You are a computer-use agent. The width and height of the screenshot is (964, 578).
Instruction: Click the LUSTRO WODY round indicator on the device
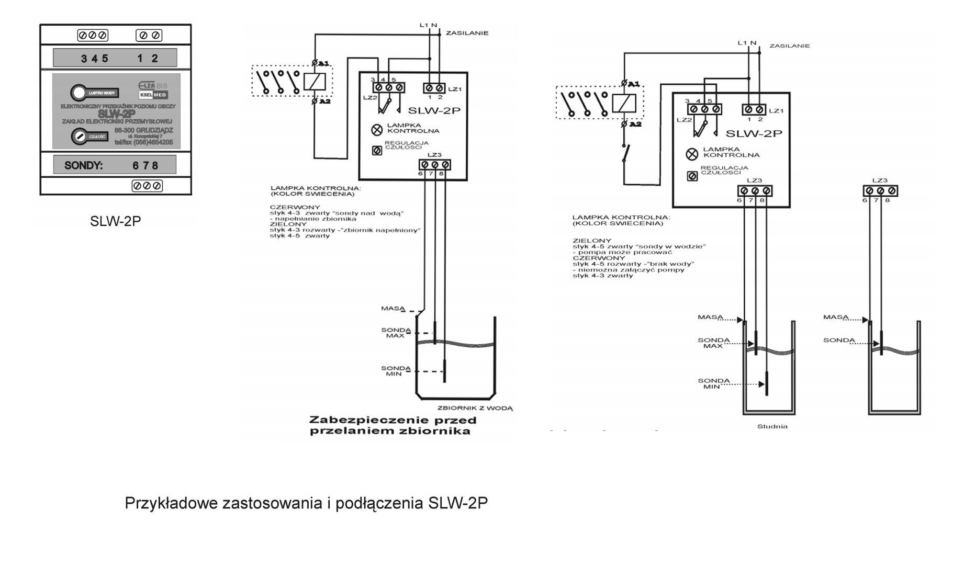pos(79,93)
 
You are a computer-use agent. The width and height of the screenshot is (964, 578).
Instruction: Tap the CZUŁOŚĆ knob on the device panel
pos(80,136)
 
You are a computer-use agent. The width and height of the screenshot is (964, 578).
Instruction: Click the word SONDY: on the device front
pos(83,166)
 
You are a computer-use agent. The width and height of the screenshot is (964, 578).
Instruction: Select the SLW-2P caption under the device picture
pos(115,221)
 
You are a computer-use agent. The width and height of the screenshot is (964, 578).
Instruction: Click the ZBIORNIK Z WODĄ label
pos(475,408)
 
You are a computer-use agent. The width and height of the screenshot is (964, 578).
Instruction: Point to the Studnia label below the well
pos(772,426)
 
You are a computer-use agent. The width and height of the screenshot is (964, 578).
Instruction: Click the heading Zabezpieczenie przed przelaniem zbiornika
pos(393,426)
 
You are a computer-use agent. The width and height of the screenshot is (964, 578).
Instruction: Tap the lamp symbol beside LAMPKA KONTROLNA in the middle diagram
pos(376,129)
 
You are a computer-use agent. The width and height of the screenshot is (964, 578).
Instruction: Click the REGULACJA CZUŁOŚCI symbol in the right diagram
pos(692,176)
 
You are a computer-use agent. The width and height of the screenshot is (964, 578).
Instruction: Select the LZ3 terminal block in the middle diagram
pos(434,165)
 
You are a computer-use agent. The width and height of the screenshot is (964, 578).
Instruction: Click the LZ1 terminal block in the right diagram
pos(754,109)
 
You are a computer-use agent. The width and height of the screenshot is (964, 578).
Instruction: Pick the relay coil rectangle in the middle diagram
pos(315,82)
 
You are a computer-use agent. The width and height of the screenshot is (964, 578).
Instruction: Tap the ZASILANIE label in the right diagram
pos(789,46)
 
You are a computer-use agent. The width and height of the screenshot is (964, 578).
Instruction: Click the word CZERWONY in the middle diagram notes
pos(288,207)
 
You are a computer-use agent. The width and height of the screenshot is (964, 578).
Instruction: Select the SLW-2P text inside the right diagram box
pos(754,133)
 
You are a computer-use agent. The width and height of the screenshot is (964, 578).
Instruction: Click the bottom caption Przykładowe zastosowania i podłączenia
pos(306,503)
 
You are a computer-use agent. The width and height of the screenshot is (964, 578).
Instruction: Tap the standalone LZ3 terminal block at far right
pos(880,191)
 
